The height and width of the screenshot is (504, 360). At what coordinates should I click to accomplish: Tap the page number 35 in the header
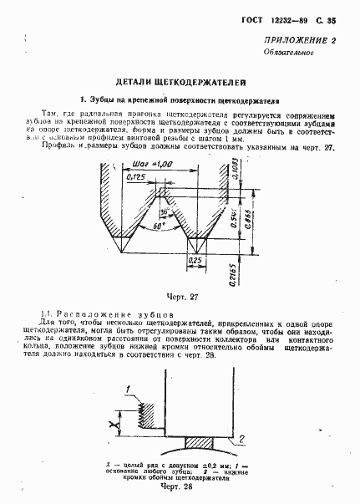[332, 19]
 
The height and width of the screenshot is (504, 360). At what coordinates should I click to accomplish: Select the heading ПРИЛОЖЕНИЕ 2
[300, 41]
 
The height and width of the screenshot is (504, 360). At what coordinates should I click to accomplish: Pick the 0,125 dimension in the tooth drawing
[134, 177]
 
